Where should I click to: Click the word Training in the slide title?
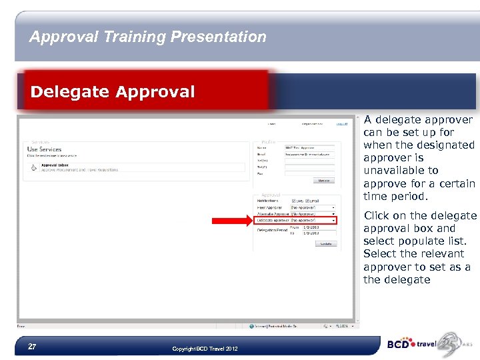click(x=135, y=37)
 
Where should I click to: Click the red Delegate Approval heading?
click(x=113, y=91)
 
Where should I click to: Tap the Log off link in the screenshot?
click(x=341, y=123)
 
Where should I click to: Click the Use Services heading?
click(x=45, y=149)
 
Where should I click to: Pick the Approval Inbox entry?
click(x=55, y=165)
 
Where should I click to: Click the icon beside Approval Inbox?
click(x=33, y=167)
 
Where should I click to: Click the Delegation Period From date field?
click(x=313, y=227)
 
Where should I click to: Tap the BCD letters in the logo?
click(x=400, y=345)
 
